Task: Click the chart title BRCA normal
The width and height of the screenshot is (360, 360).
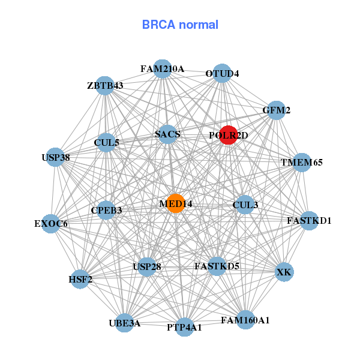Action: (180, 25)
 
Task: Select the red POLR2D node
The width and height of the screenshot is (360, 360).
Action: (228, 135)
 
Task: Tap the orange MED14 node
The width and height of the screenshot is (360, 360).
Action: (175, 203)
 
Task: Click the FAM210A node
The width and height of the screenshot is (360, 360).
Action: (162, 69)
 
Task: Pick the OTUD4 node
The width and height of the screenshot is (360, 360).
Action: (222, 73)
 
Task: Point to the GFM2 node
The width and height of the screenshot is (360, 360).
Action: (276, 110)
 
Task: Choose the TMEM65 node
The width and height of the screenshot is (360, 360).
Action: (302, 163)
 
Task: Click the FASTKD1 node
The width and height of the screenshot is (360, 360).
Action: (309, 220)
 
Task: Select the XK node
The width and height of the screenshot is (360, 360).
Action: (284, 272)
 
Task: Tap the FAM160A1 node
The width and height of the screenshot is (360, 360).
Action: (245, 320)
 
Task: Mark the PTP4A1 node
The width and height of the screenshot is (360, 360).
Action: (185, 327)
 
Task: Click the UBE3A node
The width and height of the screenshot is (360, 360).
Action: (125, 323)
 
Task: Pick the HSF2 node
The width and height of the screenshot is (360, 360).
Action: (80, 279)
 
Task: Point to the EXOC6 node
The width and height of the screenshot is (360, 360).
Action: (51, 224)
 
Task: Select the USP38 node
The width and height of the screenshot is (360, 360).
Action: (55, 158)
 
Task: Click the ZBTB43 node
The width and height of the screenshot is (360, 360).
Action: (105, 86)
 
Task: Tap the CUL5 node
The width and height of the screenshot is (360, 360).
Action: (107, 143)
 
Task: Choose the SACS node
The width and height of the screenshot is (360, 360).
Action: (167, 134)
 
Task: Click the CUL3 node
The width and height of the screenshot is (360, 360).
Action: (245, 205)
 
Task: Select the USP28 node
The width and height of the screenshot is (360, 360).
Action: (147, 266)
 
